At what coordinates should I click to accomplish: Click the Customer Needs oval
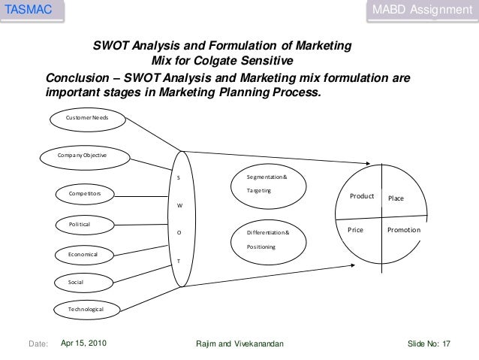point(87,119)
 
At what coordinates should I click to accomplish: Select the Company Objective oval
point(83,155)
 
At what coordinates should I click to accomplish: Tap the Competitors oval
point(85,195)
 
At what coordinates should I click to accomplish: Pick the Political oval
point(80,224)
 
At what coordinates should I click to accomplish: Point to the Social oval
point(76,282)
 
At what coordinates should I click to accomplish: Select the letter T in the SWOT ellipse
point(178,261)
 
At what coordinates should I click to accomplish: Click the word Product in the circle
point(362,196)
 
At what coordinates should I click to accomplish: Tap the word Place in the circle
point(396,198)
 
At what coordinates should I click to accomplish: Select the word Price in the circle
point(355,230)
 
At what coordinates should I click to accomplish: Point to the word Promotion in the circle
point(404,230)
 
